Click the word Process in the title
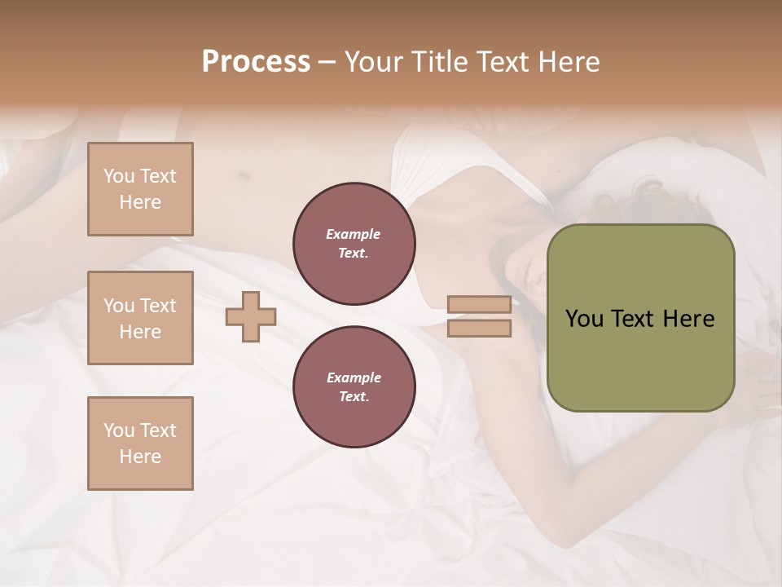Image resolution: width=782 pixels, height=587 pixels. click(x=256, y=62)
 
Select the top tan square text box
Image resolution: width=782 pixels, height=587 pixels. click(x=140, y=189)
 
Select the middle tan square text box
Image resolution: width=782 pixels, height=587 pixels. click(x=140, y=318)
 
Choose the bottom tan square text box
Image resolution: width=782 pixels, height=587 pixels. click(x=140, y=444)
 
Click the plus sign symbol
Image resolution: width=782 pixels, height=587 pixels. click(x=251, y=316)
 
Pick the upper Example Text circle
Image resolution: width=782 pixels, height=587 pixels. click(x=354, y=244)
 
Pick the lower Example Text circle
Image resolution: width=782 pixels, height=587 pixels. click(x=354, y=387)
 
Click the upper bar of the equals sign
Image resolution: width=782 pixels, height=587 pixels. click(x=479, y=305)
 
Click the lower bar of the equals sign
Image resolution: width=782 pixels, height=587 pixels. click(x=479, y=329)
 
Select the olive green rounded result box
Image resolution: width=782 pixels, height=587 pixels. click(x=640, y=359)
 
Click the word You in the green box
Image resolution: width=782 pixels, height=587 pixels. click(x=584, y=319)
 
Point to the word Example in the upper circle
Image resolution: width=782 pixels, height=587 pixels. click(x=354, y=234)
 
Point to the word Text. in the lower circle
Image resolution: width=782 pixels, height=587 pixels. click(x=354, y=397)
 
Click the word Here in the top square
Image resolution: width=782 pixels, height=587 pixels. click(x=140, y=202)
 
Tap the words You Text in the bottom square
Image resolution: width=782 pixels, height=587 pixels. click(x=140, y=430)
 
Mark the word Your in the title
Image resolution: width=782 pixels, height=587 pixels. click(x=375, y=62)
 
